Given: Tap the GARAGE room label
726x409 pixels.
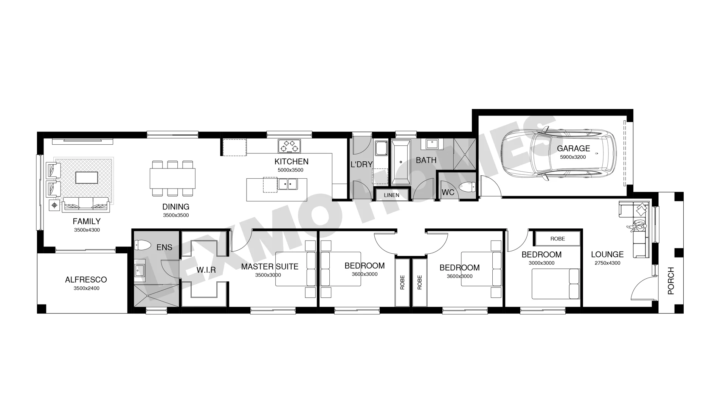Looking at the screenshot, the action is [x=573, y=148].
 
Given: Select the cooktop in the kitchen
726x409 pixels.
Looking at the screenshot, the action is [x=290, y=146].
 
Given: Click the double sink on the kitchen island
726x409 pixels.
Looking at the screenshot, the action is [x=287, y=184].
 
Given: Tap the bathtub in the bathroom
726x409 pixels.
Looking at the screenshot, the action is [x=401, y=162].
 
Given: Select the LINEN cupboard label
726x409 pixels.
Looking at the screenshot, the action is [x=391, y=195].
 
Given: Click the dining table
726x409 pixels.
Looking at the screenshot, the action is [x=172, y=178].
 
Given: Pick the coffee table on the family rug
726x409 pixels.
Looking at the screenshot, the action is [x=87, y=178].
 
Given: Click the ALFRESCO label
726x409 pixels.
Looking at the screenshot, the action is [x=86, y=279].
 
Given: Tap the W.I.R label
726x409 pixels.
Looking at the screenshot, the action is [x=206, y=270].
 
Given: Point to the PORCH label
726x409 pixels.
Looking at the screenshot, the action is [x=671, y=281].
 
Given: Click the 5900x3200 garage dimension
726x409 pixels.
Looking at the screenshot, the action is [x=573, y=157].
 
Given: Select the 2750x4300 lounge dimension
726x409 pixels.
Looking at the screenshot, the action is [x=607, y=263].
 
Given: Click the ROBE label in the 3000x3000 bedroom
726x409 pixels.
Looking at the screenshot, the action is [x=558, y=239].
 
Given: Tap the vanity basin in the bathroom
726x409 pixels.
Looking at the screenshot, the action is [x=432, y=144].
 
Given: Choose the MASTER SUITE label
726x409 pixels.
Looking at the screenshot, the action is [x=270, y=267].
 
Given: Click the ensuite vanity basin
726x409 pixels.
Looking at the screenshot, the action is [x=140, y=270].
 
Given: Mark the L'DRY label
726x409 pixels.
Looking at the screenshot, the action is [x=362, y=164].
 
